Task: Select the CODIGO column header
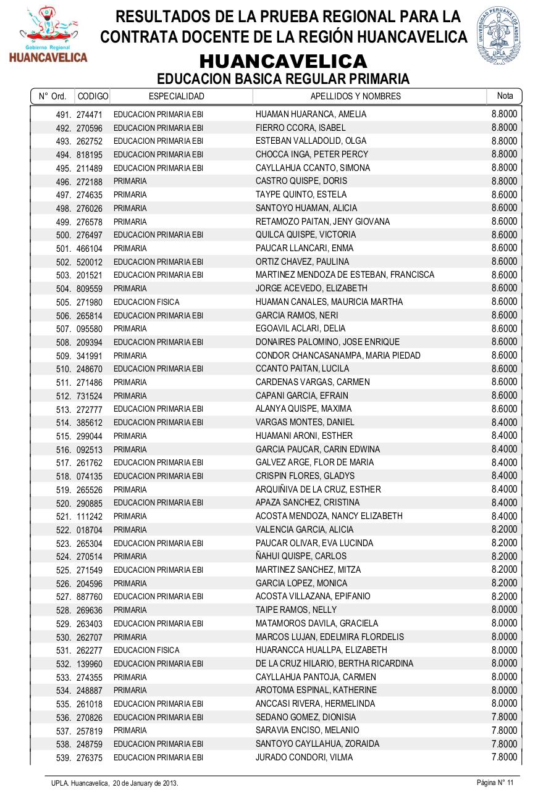(93, 96)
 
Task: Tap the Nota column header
(505, 96)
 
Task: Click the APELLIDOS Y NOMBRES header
(355, 96)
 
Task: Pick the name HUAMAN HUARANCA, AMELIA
(311, 114)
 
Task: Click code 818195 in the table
(90, 154)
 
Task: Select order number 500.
(64, 235)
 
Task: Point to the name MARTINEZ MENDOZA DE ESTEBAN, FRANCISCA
(345, 275)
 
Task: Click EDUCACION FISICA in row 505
(146, 302)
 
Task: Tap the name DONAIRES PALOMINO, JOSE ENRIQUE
(327, 342)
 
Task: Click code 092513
(90, 449)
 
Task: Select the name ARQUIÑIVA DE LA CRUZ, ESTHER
(318, 489)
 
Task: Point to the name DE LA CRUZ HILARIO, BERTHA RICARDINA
(334, 663)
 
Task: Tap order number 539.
(64, 757)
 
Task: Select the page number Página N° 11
(495, 783)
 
